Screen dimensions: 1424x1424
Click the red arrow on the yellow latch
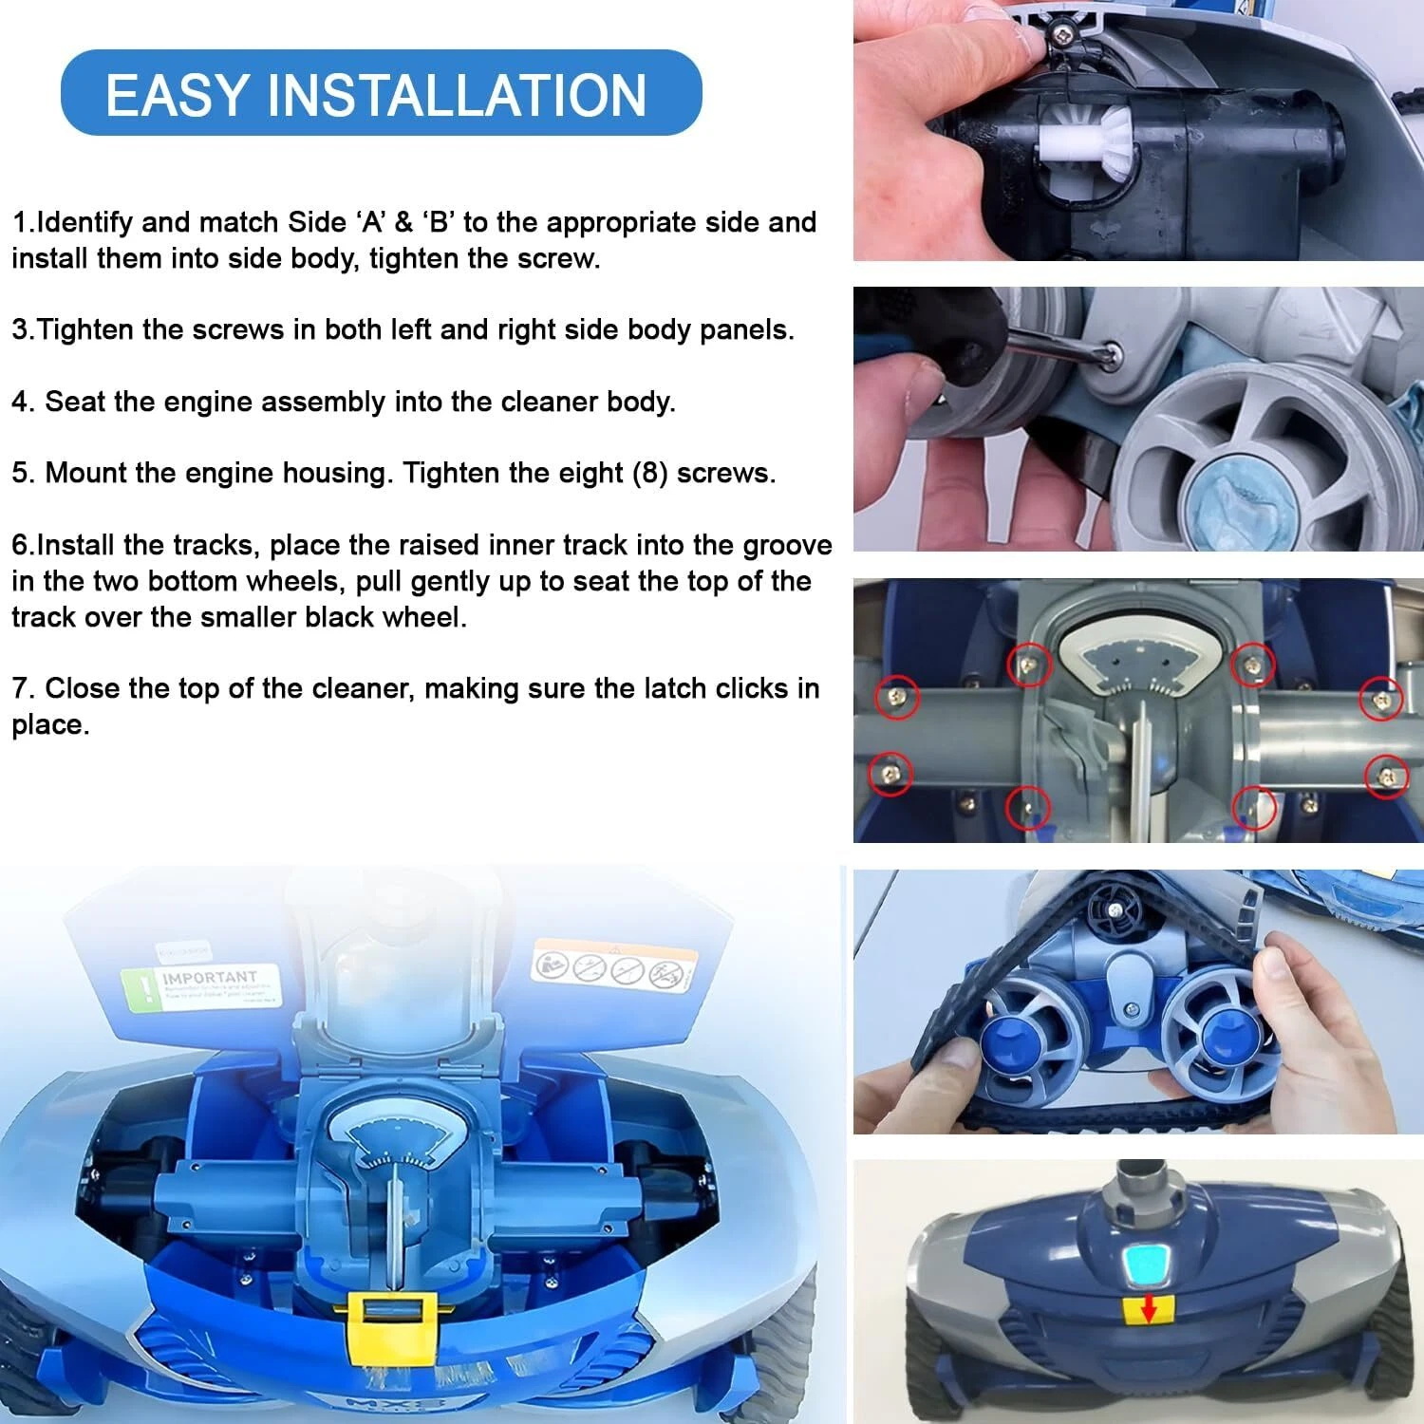[1148, 1310]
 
